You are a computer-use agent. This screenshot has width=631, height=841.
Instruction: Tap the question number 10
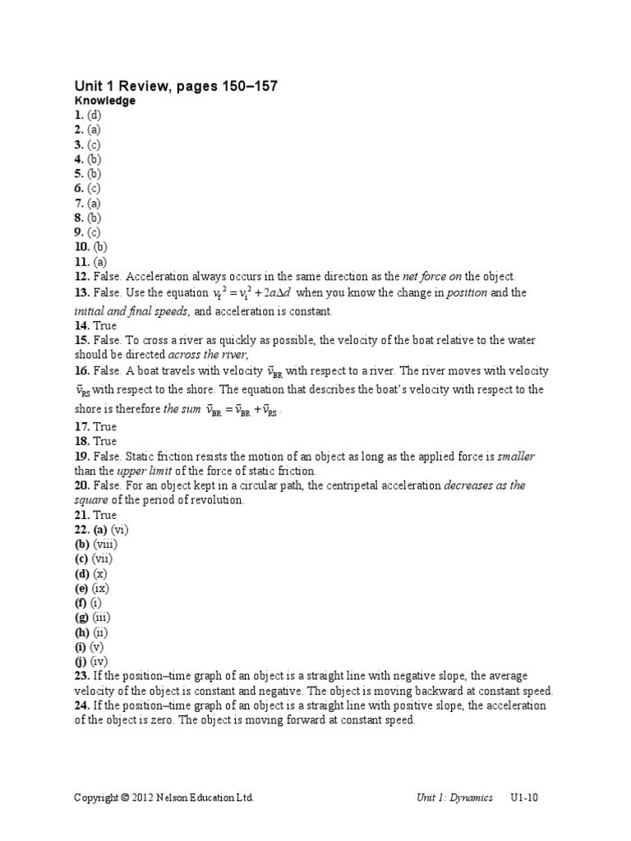click(81, 247)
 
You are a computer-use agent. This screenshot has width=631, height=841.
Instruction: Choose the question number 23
click(81, 676)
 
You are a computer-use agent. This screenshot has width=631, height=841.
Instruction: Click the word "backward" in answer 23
click(433, 691)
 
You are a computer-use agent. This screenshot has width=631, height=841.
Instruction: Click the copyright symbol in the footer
click(125, 797)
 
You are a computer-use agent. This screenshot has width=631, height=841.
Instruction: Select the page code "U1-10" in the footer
click(523, 797)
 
